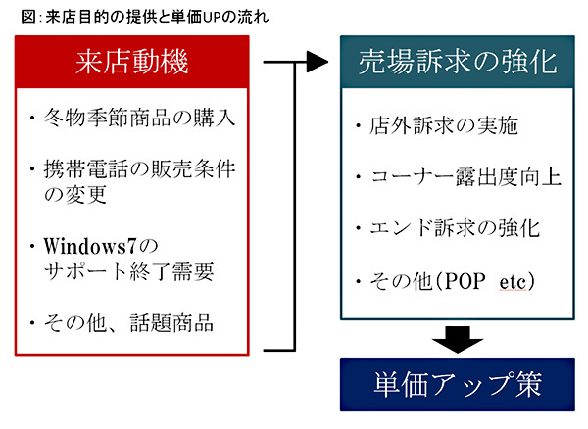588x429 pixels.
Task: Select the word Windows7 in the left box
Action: [x=89, y=243]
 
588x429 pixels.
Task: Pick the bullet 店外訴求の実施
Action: [x=441, y=126]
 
